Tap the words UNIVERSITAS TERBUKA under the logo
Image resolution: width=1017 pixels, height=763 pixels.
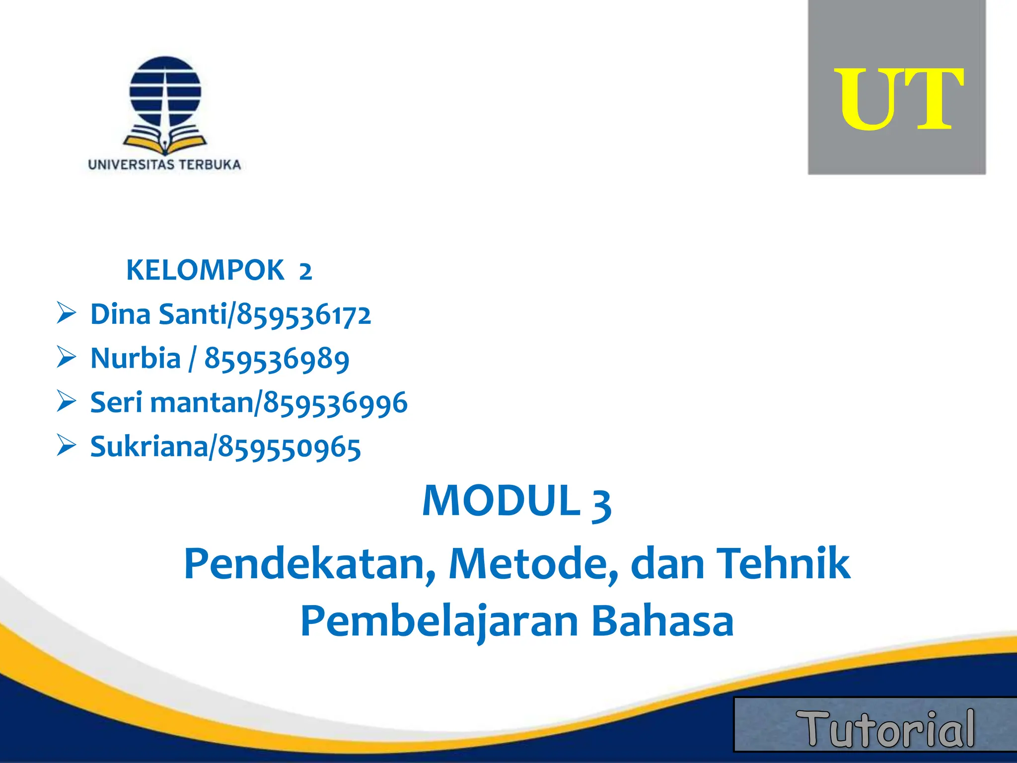[x=164, y=165]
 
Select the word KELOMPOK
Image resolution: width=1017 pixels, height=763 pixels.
[x=205, y=270]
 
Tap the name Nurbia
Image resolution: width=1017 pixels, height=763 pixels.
[x=135, y=358]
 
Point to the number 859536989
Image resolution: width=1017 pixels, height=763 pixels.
[x=277, y=359]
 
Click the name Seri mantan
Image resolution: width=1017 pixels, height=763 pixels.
[x=172, y=402]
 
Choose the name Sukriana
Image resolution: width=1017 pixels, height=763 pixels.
[x=149, y=447]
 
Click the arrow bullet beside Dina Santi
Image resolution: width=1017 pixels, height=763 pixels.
[x=66, y=313]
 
